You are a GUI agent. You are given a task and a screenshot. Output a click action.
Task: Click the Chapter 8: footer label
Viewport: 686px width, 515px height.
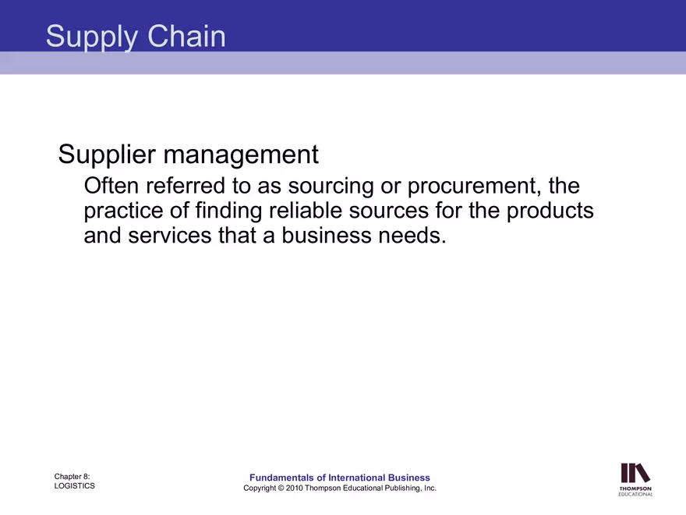tap(72, 475)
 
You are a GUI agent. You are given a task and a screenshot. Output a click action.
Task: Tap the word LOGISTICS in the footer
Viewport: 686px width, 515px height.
tap(75, 485)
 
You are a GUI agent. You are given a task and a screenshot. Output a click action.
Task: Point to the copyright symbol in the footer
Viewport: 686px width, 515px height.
tap(278, 488)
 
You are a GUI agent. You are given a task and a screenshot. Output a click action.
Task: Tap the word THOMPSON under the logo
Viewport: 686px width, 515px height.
tap(635, 488)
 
